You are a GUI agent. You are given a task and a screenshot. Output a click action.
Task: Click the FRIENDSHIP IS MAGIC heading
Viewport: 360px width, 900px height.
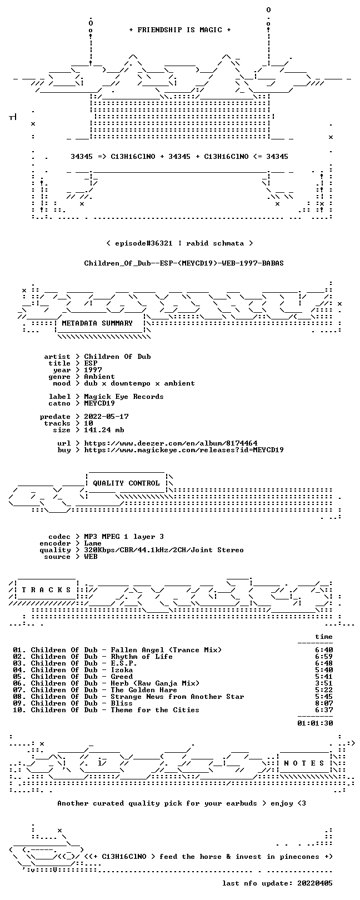click(179, 30)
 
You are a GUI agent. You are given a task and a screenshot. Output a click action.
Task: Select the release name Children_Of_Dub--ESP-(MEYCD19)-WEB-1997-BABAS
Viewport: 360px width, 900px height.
click(184, 263)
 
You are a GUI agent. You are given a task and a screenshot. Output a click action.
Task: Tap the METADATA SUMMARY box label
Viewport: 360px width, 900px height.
click(97, 323)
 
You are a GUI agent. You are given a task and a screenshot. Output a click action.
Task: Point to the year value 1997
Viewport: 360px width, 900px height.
click(93, 369)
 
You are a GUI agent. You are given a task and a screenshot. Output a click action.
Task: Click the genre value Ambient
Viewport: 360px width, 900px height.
click(99, 377)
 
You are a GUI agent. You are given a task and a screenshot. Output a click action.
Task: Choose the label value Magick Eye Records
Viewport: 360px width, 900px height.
click(124, 397)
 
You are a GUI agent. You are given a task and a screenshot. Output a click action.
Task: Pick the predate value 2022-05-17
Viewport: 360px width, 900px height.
click(106, 417)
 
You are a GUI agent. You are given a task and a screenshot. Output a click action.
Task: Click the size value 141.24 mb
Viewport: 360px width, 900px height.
click(104, 430)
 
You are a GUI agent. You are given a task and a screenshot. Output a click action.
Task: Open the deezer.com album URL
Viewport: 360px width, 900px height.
click(171, 443)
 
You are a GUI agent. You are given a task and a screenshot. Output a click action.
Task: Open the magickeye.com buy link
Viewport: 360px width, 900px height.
click(184, 450)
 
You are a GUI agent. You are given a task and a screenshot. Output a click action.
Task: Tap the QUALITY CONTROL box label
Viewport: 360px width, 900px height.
click(126, 483)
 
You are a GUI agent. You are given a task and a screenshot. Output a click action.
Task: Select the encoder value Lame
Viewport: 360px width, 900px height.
click(93, 543)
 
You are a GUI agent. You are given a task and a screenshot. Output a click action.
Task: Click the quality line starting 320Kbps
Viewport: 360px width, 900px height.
click(163, 550)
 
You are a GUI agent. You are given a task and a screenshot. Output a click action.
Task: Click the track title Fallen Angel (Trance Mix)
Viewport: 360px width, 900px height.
click(166, 650)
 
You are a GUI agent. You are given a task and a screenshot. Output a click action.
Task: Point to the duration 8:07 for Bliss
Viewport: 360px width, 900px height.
click(324, 703)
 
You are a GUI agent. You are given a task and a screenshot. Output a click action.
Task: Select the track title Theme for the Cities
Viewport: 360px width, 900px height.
click(155, 710)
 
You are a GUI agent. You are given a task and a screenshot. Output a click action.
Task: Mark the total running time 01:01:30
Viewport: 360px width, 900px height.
click(316, 723)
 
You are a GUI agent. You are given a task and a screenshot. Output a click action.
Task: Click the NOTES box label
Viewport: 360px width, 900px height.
click(304, 763)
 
